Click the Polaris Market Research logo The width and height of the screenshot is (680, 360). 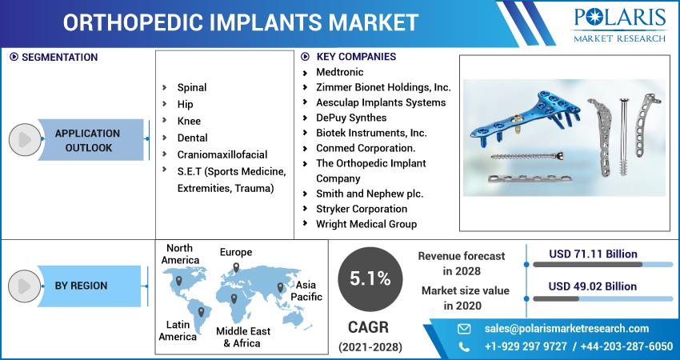coord(620,25)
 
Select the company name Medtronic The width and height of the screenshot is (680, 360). coord(339,72)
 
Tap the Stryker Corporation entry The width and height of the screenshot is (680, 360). coord(362,209)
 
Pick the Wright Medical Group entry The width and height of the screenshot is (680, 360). coord(366,224)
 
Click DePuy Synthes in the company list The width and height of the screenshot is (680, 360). coord(351,118)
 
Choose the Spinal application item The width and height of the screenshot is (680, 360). coord(192,88)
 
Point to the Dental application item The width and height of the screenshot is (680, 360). coord(193,138)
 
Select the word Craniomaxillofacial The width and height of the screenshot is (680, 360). coord(222,155)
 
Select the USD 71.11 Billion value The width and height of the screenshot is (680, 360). coord(593,254)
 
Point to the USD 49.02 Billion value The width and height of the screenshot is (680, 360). coord(592,286)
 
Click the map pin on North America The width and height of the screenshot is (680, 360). coord(178,281)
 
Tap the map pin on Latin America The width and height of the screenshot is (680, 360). coord(201,312)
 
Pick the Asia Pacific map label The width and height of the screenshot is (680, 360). coord(306,291)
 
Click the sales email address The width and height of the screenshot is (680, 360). coord(567,329)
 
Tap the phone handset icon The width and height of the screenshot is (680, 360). coord(464,346)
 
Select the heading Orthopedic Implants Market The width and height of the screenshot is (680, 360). coord(241,22)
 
